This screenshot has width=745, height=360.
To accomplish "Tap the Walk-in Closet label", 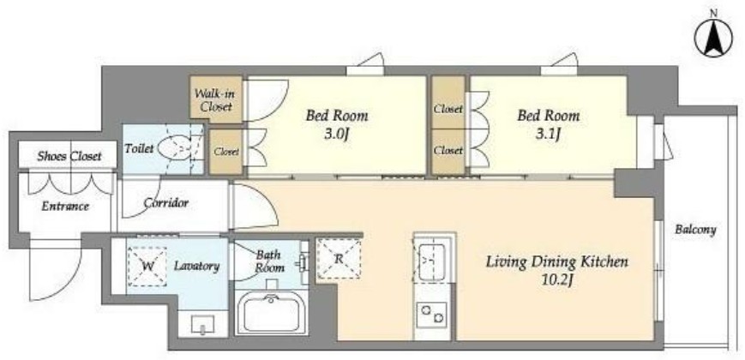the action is [216, 99].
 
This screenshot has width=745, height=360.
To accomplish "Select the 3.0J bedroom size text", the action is [337, 135].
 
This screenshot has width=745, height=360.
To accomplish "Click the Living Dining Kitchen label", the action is [557, 261].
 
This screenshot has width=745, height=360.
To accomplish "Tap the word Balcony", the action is [695, 230].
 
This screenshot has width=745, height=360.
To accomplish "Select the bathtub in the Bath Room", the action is [271, 313].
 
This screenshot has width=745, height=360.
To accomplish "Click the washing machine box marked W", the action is [147, 267].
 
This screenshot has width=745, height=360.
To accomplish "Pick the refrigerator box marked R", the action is [339, 259].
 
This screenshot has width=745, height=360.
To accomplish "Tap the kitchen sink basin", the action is [432, 262].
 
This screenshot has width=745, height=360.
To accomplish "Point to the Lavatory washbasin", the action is [203, 324].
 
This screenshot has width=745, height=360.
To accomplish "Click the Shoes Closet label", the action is [69, 156].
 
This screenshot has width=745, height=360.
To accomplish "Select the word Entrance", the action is [65, 207].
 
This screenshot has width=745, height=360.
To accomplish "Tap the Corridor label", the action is [165, 203].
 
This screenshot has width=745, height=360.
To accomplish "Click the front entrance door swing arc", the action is [67, 285].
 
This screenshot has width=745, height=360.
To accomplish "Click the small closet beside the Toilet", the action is [226, 152].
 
